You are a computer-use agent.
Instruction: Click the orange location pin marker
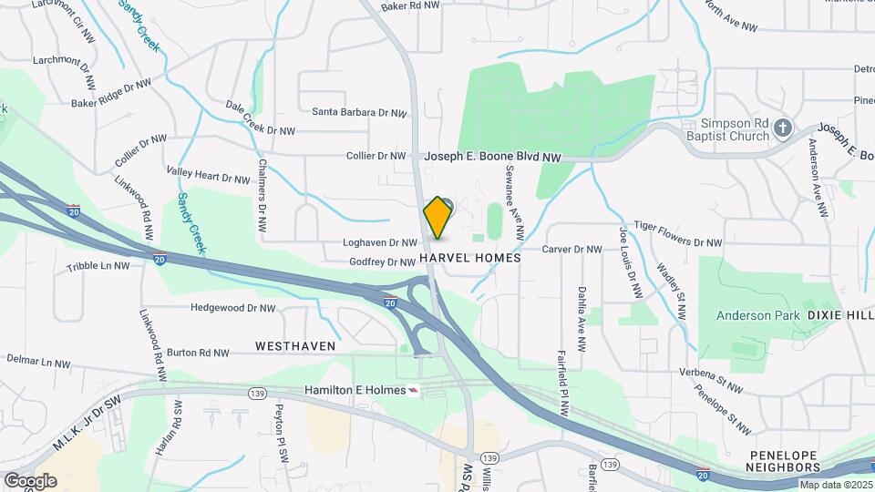coord(437,218)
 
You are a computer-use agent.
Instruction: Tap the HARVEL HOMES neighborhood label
coord(470,258)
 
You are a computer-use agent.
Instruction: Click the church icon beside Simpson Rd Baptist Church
coord(782,131)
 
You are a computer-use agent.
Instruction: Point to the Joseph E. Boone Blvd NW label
coord(492,157)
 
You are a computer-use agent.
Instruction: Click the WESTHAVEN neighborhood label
coord(295,346)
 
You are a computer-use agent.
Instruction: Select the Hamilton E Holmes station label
coord(355,390)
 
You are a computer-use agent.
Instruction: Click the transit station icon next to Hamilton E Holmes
coord(416,390)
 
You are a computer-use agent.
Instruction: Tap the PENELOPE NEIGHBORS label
coord(784,461)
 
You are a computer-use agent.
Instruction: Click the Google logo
coord(30,481)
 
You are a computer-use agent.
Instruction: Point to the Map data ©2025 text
coord(836,486)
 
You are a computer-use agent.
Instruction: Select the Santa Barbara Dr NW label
coord(358,113)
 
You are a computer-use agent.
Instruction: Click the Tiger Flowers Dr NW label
coord(677,242)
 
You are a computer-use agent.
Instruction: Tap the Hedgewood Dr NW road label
coord(233,308)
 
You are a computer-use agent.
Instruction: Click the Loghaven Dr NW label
coord(379,243)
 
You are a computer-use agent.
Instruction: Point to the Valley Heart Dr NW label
coord(208,175)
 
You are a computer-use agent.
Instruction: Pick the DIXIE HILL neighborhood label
coord(839,315)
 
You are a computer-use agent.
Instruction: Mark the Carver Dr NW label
coord(571,249)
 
